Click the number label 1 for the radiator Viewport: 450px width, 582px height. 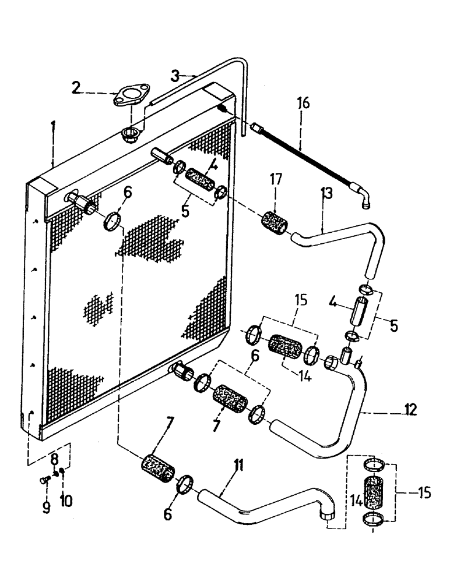point(53,126)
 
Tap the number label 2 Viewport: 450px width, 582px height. point(76,87)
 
